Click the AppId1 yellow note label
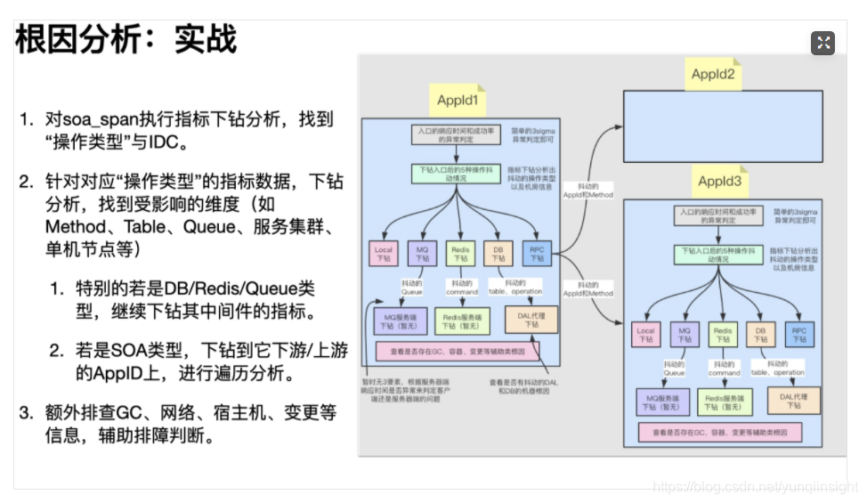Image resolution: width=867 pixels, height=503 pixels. point(458,101)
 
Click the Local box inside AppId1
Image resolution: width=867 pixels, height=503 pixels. point(383,255)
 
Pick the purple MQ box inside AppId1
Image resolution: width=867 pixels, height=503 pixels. point(422,255)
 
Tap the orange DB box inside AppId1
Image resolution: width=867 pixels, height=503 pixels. point(498,255)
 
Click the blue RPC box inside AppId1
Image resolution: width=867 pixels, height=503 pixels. point(536,255)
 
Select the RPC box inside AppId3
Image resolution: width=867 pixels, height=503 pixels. point(800,335)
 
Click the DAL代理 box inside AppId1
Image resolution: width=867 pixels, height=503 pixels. point(531,320)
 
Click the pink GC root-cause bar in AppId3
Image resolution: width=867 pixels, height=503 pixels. point(719,433)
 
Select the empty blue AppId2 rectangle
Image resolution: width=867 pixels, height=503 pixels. point(723,126)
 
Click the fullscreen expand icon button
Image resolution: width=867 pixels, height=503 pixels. point(822,43)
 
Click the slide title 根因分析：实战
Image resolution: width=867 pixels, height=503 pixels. point(126,40)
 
